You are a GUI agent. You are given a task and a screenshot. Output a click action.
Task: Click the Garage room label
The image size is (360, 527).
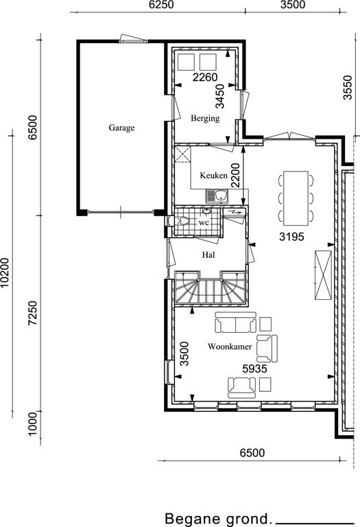tap(121, 128)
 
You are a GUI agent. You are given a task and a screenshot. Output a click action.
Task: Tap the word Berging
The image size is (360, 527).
tap(205, 118)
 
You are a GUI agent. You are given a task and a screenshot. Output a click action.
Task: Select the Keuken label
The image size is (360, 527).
tap(213, 175)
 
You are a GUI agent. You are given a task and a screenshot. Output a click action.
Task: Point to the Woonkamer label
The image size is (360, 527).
tap(230, 347)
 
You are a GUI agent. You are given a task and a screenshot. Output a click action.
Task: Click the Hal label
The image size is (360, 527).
tap(208, 255)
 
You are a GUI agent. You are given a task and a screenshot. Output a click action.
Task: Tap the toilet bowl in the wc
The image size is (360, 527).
tap(184, 221)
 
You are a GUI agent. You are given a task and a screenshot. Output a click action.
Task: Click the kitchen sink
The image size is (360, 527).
tap(217, 196)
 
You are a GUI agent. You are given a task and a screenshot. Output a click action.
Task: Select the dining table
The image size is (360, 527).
tap(296, 198)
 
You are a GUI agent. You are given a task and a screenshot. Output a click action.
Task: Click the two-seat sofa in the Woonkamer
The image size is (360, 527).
tap(235, 323)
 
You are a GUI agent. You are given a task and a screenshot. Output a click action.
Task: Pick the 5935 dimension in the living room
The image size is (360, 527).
tap(254, 368)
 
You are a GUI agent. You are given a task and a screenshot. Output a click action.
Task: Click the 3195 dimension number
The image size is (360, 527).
tap(291, 237)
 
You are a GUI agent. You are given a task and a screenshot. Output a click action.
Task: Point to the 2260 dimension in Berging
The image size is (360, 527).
tap(205, 78)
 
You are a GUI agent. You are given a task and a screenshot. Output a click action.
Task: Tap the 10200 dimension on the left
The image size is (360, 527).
tap(4, 273)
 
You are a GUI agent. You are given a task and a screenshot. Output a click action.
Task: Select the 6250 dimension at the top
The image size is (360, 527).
tap(161, 5)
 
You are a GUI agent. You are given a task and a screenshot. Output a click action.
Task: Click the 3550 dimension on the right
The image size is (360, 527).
tap(348, 88)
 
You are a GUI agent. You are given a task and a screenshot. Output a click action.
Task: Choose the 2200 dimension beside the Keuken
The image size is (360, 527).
tap(235, 175)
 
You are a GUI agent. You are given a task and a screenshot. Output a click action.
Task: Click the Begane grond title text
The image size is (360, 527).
tap(218, 519)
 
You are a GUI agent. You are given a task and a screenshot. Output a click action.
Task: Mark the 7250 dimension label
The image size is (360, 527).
tap(33, 313)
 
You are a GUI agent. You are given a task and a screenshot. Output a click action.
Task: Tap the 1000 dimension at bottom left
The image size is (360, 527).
tap(33, 424)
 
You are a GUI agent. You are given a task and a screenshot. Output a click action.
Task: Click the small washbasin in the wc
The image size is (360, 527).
tap(206, 211)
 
